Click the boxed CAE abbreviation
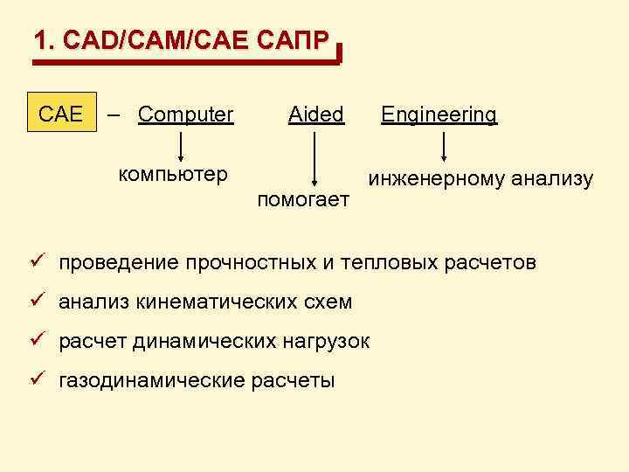coord(61,114)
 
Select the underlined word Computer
coord(186,115)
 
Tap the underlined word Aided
coord(316,115)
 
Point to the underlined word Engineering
coord(439,115)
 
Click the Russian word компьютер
coord(173,173)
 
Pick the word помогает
coord(304,201)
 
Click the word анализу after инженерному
coord(553,180)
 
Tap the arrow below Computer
coord(182,144)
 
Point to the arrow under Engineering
coord(445,147)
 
